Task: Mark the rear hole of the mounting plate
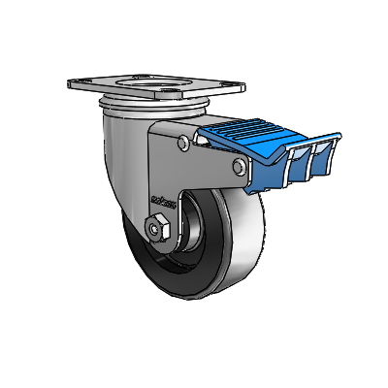coord(144,76)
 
